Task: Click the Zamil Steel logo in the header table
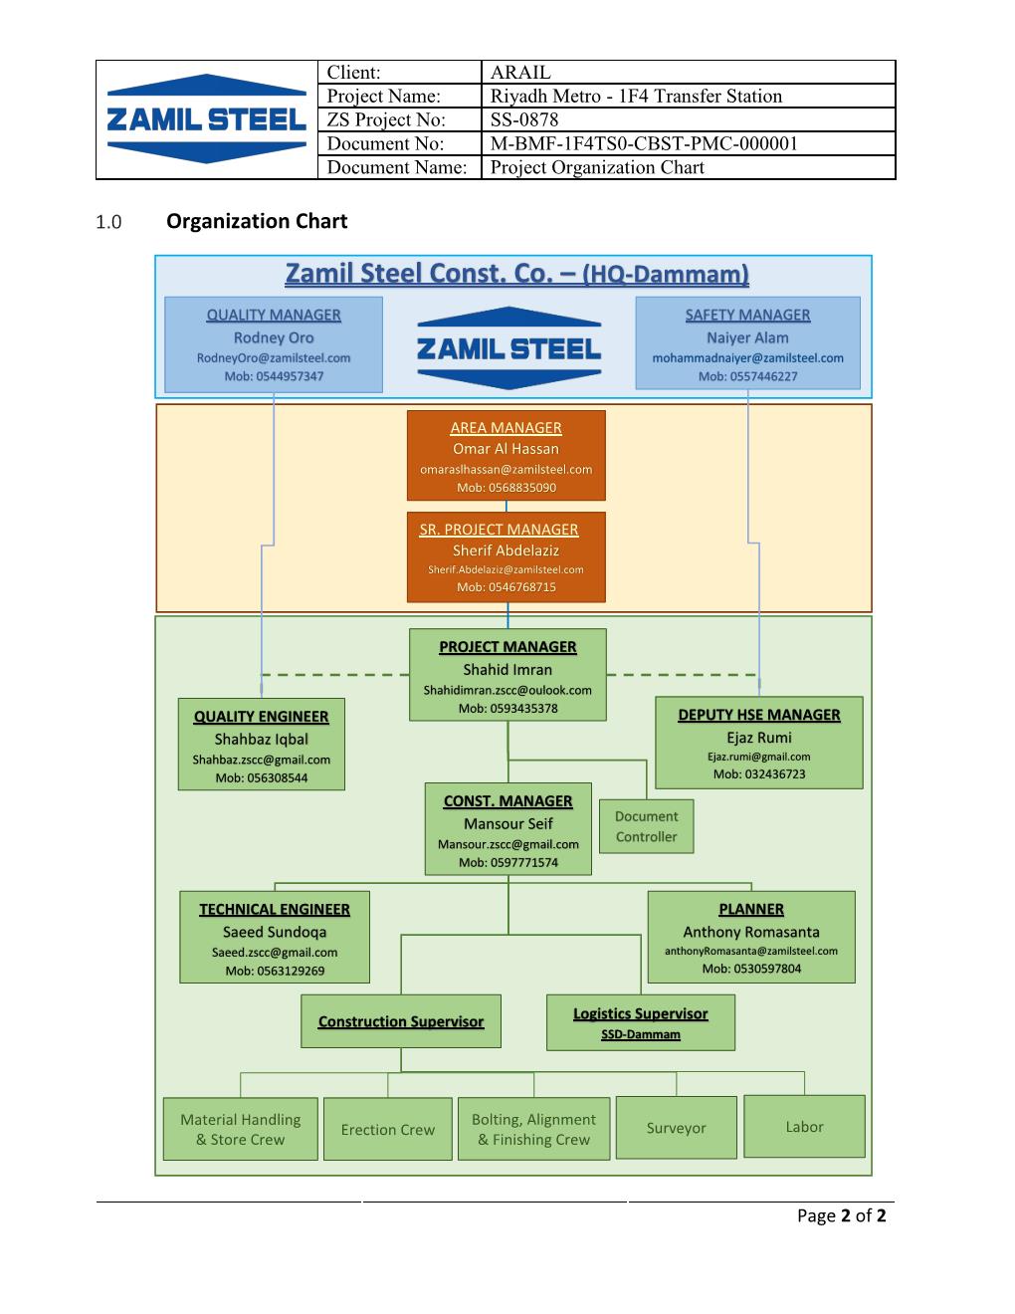tap(206, 119)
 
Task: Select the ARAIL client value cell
tap(687, 72)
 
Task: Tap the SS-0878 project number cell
tap(687, 119)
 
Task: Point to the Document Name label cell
tap(398, 167)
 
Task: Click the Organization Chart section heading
tap(257, 221)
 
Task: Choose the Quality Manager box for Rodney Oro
tap(274, 344)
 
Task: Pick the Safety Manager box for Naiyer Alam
tap(747, 344)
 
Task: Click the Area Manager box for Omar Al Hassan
tap(506, 456)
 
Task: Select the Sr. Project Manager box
tap(506, 557)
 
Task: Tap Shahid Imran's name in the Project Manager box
tap(507, 670)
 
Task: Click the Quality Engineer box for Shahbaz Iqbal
tap(261, 746)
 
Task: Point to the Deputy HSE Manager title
tap(759, 715)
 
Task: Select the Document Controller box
tap(646, 826)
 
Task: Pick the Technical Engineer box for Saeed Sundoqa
tap(274, 938)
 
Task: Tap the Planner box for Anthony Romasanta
tap(751, 938)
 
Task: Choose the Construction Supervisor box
tap(401, 1021)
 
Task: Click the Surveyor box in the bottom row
tap(677, 1128)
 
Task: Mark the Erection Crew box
tap(388, 1130)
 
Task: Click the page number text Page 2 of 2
tap(841, 1215)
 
